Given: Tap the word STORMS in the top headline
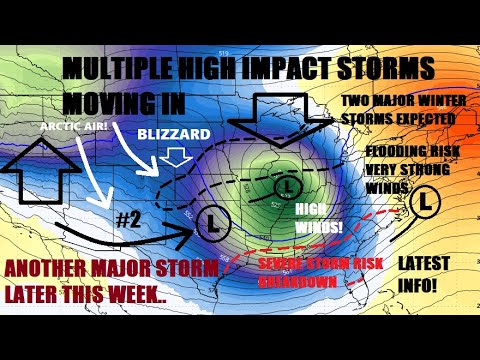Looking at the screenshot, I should (381, 69).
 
